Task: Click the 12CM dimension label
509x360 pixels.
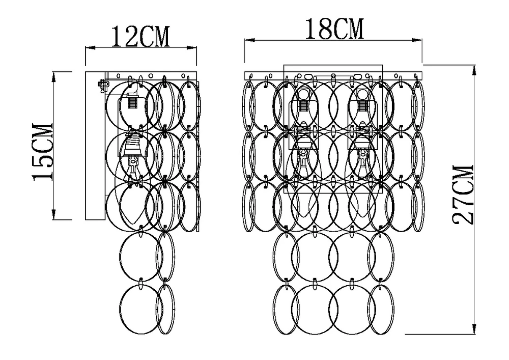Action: coord(140,36)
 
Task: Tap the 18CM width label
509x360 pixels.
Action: coord(334,29)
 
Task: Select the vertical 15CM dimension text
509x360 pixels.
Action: coord(42,151)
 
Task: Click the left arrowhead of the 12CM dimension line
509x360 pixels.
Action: coord(90,48)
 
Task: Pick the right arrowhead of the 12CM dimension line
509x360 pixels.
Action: coord(192,48)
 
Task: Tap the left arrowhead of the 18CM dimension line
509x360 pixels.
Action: coord(249,40)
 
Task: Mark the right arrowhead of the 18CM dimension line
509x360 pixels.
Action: coord(417,40)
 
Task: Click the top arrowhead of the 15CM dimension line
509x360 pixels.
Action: coord(54,76)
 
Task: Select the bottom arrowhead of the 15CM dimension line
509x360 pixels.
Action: coord(54,215)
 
